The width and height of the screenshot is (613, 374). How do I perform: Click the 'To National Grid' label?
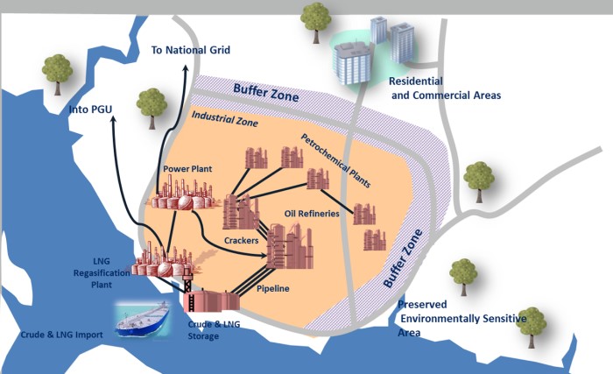pyautogui.click(x=190, y=50)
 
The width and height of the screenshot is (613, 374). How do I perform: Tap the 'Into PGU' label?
pyautogui.click(x=92, y=109)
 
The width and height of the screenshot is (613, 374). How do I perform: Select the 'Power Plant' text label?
pyautogui.click(x=188, y=167)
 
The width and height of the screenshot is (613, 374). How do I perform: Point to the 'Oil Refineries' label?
pyautogui.click(x=311, y=213)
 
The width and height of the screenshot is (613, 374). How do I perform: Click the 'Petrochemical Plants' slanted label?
pyautogui.click(x=335, y=161)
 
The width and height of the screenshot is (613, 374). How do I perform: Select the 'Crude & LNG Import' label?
pyautogui.click(x=62, y=335)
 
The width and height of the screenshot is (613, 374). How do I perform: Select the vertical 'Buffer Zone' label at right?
pyautogui.click(x=403, y=258)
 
